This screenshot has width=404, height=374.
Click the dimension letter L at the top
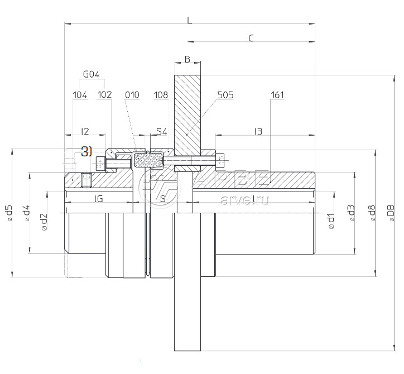click(190, 20)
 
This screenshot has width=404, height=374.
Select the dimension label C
click(251, 38)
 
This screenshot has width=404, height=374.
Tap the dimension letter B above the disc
click(187, 59)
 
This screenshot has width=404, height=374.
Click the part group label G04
click(91, 74)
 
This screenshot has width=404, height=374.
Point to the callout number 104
click(80, 95)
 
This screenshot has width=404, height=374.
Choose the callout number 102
click(104, 95)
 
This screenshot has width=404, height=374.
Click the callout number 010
click(132, 95)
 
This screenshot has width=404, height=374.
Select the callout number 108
click(161, 95)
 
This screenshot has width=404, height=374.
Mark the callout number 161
click(277, 95)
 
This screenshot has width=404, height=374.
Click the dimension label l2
click(85, 132)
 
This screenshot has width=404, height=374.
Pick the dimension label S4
click(161, 132)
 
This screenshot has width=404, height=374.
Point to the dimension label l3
click(258, 132)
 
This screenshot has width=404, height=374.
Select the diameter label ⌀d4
click(26, 214)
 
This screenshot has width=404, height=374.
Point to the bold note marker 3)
click(86, 151)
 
